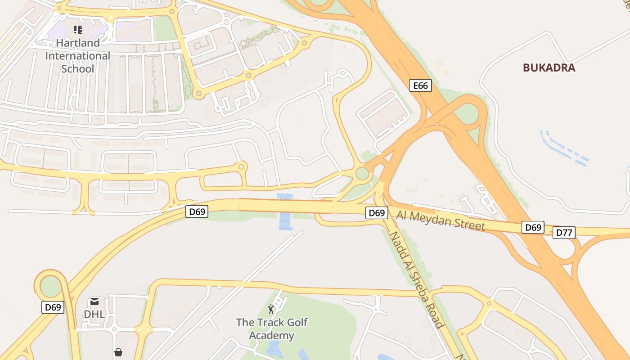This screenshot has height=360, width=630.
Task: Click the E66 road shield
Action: pyautogui.click(x=420, y=85)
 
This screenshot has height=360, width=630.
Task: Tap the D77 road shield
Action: pyautogui.click(x=564, y=233)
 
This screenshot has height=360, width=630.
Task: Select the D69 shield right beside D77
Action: pyautogui.click(x=533, y=227)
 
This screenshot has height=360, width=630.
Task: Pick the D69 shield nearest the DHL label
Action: pyautogui.click(x=53, y=307)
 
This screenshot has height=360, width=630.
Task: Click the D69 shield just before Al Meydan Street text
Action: pyautogui.click(x=377, y=213)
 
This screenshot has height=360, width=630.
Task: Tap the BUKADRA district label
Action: pyautogui.click(x=549, y=68)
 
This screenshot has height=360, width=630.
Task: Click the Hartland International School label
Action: pyautogui.click(x=78, y=56)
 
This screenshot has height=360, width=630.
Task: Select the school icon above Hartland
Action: pyautogui.click(x=78, y=30)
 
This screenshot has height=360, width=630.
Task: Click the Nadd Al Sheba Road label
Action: pyautogui.click(x=416, y=279)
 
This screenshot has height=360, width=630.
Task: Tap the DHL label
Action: pyautogui.click(x=94, y=314)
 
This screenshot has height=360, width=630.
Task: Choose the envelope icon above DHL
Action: pyautogui.click(x=94, y=301)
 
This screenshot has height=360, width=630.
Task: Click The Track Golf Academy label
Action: pyautogui.click(x=272, y=329)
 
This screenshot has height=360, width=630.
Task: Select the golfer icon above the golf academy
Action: pyautogui.click(x=271, y=309)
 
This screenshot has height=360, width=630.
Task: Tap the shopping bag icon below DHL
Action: pyautogui.click(x=118, y=352)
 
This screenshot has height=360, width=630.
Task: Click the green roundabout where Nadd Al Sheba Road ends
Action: pyautogui.click(x=362, y=173)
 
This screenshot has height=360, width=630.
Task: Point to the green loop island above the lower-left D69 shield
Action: pyautogui.click(x=50, y=286)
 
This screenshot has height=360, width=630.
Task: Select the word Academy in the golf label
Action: pyautogui.click(x=272, y=336)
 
